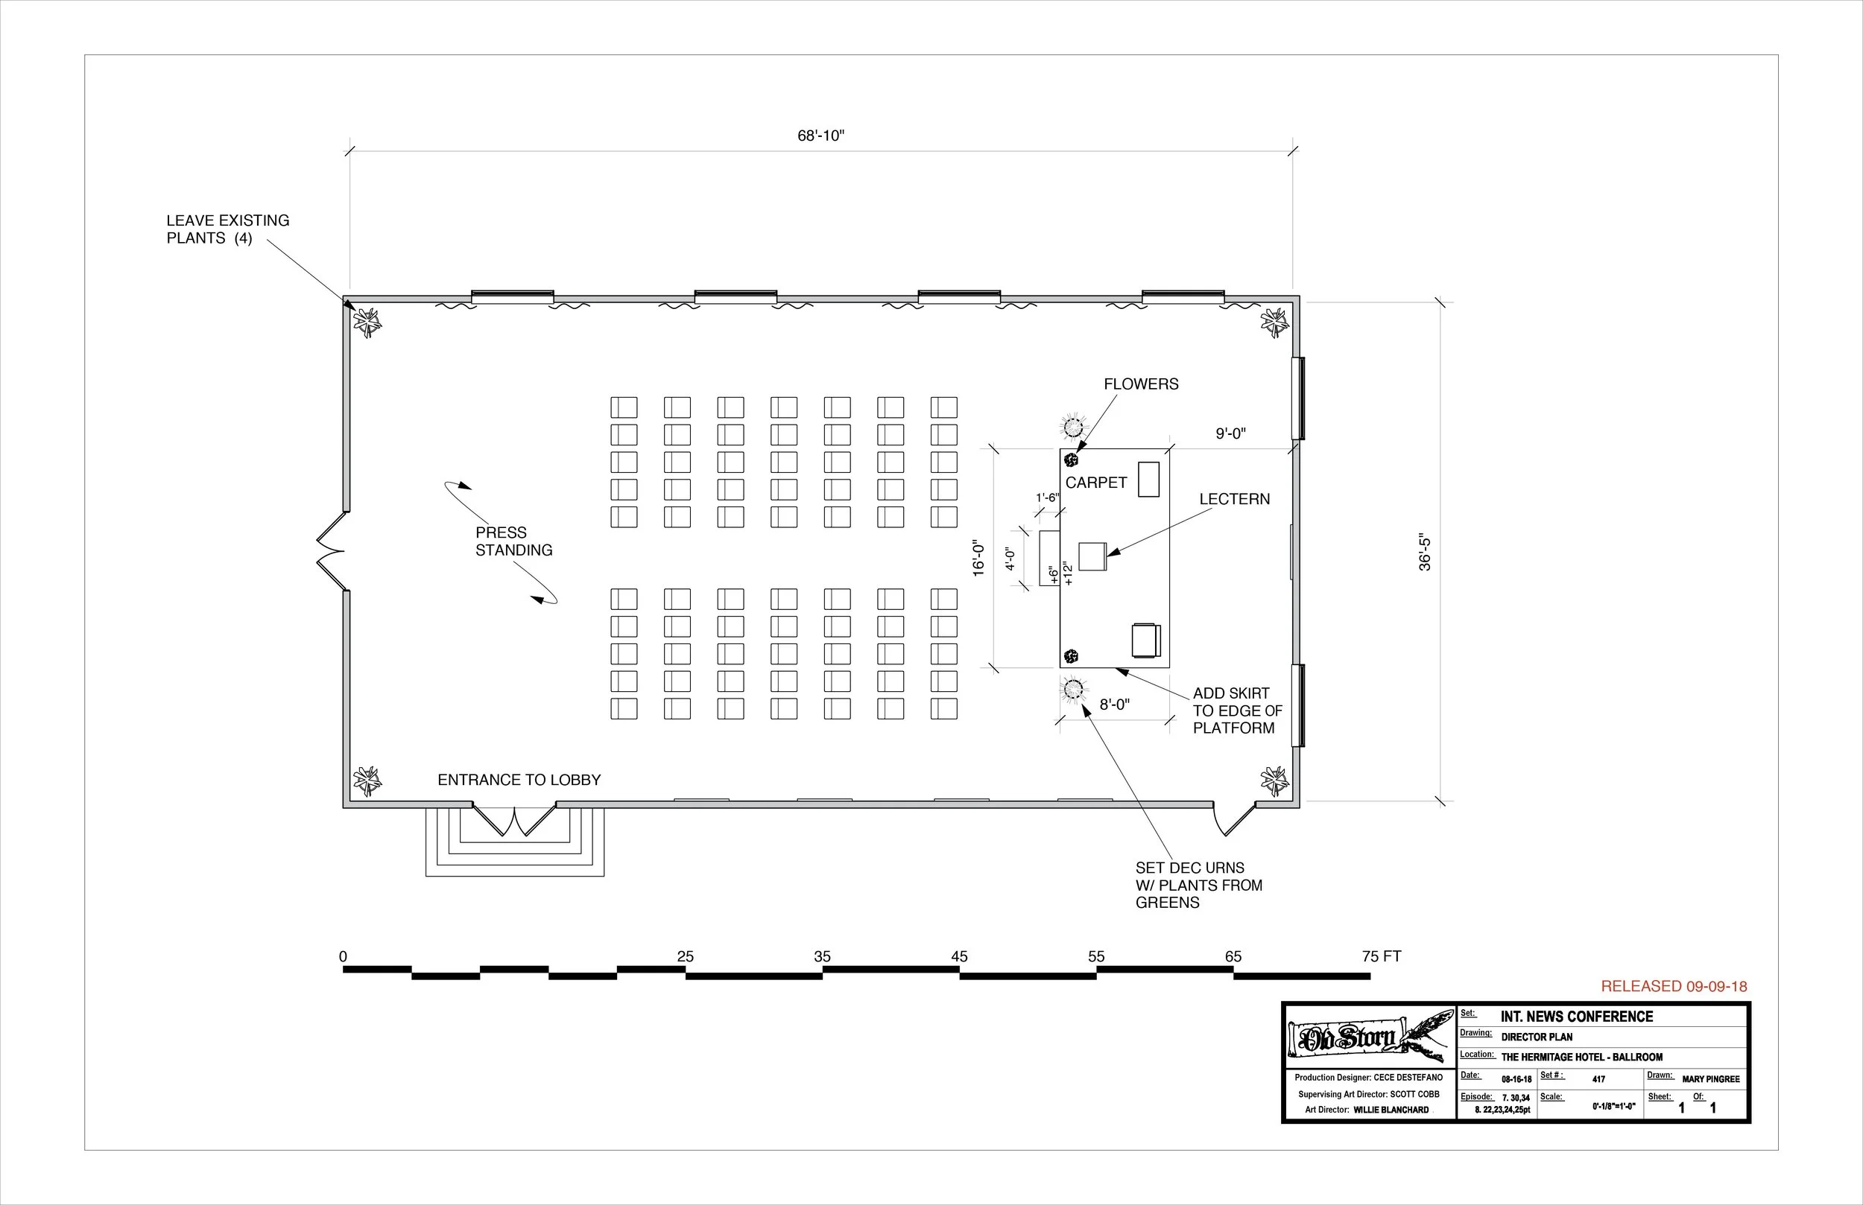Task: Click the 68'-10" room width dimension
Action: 820,136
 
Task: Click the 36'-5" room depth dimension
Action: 1425,553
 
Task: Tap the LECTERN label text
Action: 1235,499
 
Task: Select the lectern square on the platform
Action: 1092,556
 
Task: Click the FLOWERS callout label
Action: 1140,384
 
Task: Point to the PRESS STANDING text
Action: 513,541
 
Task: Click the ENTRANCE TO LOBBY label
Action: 519,780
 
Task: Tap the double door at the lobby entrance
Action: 514,820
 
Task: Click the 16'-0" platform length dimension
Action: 978,558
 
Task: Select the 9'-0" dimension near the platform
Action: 1230,434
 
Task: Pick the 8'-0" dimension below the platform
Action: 1115,705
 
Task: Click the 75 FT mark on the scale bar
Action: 1381,956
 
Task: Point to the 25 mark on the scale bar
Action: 685,956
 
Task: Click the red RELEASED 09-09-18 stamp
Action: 1674,987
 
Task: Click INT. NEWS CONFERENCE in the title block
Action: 1577,1017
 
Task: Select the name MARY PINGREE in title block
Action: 1710,1079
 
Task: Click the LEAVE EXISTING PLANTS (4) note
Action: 227,229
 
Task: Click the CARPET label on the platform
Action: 1096,483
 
